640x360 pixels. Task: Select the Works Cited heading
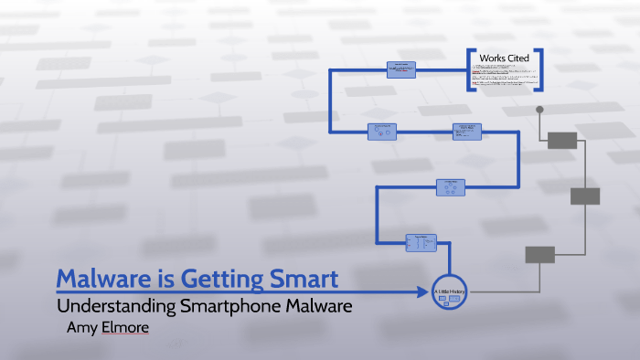click(504, 58)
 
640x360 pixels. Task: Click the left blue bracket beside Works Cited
click(469, 69)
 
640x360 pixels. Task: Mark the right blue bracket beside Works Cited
click(540, 69)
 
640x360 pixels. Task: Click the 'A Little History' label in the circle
click(449, 290)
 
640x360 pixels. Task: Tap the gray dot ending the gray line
click(539, 110)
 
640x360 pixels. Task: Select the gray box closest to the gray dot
click(561, 140)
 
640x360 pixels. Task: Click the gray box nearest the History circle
click(539, 254)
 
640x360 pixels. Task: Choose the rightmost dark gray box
click(585, 196)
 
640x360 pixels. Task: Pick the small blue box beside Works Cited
click(401, 68)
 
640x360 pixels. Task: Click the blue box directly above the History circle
click(421, 242)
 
